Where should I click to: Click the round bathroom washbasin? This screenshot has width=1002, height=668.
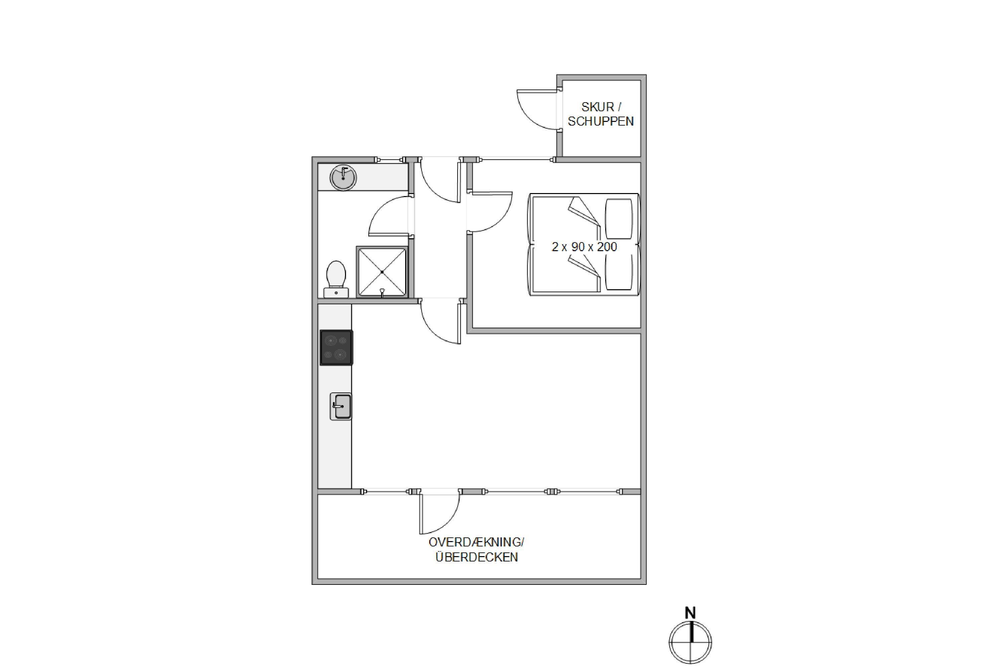[x=343, y=178]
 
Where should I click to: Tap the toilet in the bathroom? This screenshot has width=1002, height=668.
[x=336, y=279]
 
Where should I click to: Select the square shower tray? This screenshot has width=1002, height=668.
[x=382, y=272]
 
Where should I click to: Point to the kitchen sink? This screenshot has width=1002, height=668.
[x=341, y=406]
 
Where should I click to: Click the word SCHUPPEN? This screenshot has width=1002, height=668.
[x=601, y=122]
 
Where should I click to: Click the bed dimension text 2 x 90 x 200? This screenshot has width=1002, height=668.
[x=584, y=247]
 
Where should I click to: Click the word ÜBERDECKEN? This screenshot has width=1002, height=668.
[x=476, y=557]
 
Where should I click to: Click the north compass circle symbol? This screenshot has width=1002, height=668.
[x=690, y=642]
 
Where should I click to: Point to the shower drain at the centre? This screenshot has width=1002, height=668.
[x=382, y=272]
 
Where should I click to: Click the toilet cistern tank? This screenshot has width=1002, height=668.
[x=336, y=293]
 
